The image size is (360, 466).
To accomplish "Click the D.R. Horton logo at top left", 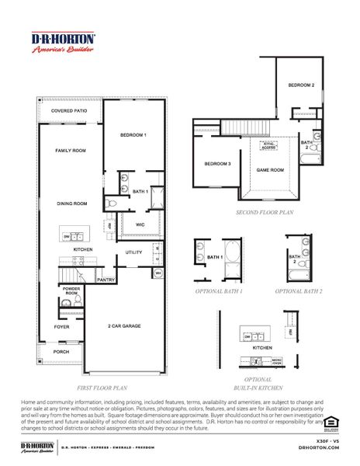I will [x=63, y=43].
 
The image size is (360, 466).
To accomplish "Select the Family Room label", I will [x=69, y=151].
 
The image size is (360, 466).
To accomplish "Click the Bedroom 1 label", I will [x=133, y=135].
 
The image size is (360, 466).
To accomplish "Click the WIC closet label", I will [x=140, y=225].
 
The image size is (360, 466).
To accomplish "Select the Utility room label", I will [x=133, y=252].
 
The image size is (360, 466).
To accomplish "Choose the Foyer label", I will [x=61, y=327].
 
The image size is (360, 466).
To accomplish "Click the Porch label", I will [x=61, y=351].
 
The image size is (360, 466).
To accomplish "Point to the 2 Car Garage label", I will [x=124, y=326].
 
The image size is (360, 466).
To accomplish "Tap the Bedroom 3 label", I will [x=217, y=164].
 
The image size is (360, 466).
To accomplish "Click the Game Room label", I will [x=271, y=169].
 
